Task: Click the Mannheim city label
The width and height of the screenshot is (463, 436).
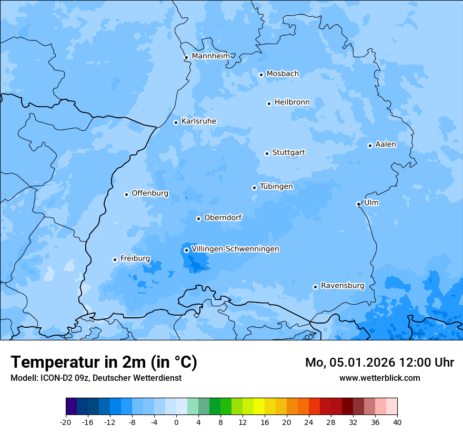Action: tap(210, 56)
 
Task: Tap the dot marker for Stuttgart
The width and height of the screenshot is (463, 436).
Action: tap(267, 153)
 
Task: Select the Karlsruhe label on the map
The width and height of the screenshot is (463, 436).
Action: tap(198, 121)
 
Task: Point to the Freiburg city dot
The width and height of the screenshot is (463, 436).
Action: tap(115, 259)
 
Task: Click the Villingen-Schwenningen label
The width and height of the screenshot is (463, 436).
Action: tap(235, 249)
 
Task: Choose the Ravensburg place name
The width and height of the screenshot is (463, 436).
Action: tap(342, 286)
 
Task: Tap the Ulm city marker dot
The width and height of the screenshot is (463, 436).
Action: tap(358, 204)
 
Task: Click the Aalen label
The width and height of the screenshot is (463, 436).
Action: tap(385, 144)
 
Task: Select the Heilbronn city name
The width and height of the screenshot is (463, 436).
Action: tap(292, 102)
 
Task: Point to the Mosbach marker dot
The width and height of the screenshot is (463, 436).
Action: tap(261, 75)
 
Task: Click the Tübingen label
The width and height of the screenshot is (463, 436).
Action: tap(276, 186)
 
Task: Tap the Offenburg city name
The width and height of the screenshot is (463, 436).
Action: tap(150, 193)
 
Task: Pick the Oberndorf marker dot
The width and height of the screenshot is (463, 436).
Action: tap(198, 219)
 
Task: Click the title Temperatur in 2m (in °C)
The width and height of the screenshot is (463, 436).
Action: tap(104, 362)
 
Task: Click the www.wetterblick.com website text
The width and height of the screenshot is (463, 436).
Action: tap(379, 378)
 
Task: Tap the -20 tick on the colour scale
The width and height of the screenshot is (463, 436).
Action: tap(66, 422)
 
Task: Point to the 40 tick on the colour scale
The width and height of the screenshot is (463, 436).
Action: tap(397, 422)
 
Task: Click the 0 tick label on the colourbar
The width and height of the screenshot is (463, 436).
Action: tap(176, 422)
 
